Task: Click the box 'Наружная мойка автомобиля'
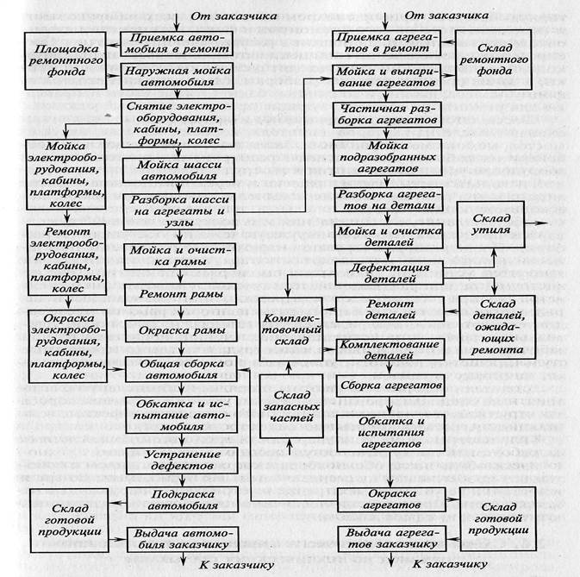[x=180, y=75]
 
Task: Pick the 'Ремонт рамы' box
[x=176, y=293]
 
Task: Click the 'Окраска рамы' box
[x=176, y=330]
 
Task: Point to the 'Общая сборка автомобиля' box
[x=178, y=370]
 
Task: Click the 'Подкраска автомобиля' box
[x=179, y=499]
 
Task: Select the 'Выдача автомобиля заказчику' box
[x=180, y=538]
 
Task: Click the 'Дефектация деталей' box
[x=389, y=273]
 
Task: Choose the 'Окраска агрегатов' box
[x=389, y=499]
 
